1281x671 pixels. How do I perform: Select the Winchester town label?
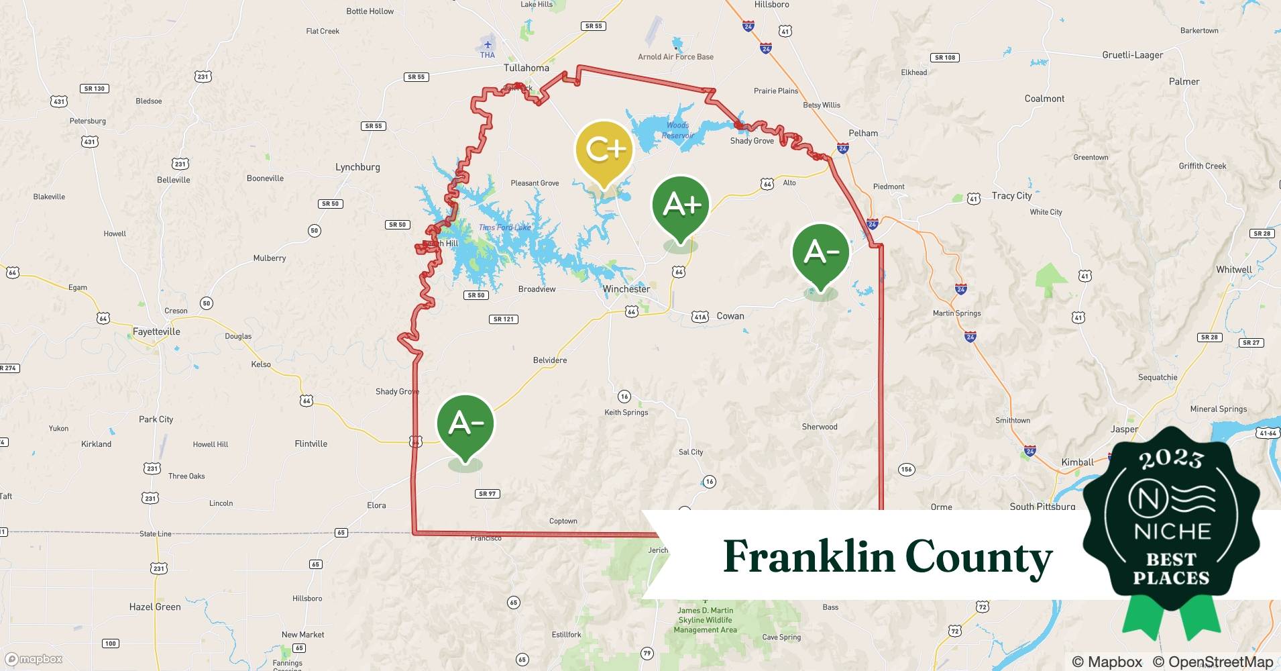click(626, 289)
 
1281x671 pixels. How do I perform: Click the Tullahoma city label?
click(526, 68)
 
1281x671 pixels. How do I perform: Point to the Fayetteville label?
click(156, 331)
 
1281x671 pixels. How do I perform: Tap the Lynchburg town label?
click(357, 167)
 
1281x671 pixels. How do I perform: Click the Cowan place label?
click(730, 316)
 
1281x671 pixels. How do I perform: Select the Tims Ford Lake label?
click(504, 227)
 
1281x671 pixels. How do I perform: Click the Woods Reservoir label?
click(677, 130)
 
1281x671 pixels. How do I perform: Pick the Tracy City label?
click(1011, 196)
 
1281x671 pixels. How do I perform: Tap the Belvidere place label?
click(550, 360)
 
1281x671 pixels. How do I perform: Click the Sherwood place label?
click(820, 427)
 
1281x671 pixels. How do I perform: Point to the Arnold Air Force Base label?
click(675, 57)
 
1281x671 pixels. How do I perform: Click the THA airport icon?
click(488, 45)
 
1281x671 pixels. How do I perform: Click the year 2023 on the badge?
click(1171, 459)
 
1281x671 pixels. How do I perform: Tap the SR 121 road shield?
click(504, 319)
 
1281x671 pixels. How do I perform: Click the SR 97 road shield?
click(488, 494)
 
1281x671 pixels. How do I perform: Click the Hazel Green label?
click(155, 607)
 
